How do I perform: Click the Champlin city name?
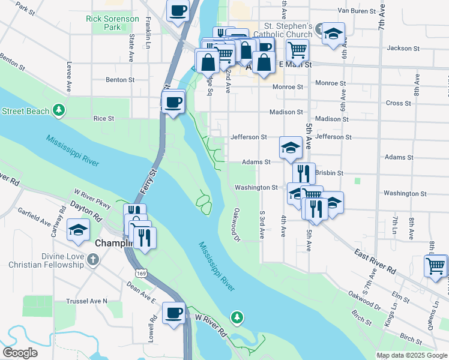[114, 244]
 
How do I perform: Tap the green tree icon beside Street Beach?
[58, 110]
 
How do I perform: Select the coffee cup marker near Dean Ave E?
[175, 313]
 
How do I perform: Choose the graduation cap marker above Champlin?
[78, 230]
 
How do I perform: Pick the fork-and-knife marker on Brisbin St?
[304, 173]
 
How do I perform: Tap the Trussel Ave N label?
[88, 301]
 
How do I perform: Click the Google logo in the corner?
[20, 353]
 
